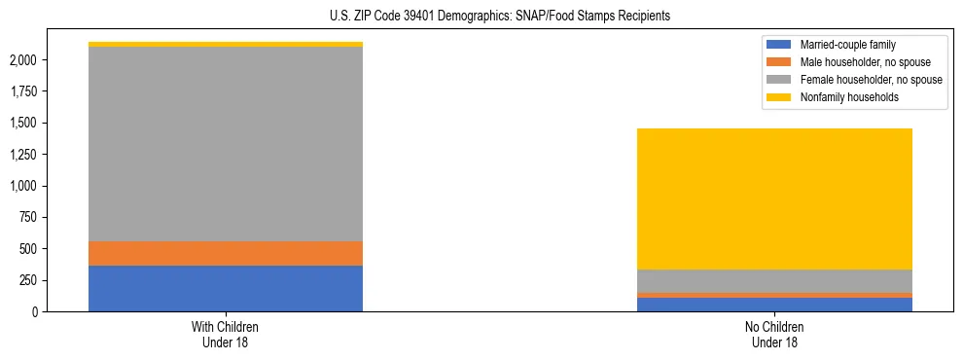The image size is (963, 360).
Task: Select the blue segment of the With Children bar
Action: tap(226, 288)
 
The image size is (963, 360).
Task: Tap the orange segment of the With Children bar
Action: tap(226, 253)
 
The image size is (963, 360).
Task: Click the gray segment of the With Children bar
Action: tap(226, 143)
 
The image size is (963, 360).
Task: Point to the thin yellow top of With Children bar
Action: tap(226, 44)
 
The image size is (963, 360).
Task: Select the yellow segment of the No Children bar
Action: tap(775, 198)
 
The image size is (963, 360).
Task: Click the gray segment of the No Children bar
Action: tap(775, 280)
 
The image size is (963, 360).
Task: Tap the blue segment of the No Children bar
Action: tap(775, 305)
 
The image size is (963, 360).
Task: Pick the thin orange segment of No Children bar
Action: tap(775, 295)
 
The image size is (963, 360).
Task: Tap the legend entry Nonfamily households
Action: tap(841, 97)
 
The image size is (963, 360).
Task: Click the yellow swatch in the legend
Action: tap(779, 97)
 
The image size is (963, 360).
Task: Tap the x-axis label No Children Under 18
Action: tap(775, 335)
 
